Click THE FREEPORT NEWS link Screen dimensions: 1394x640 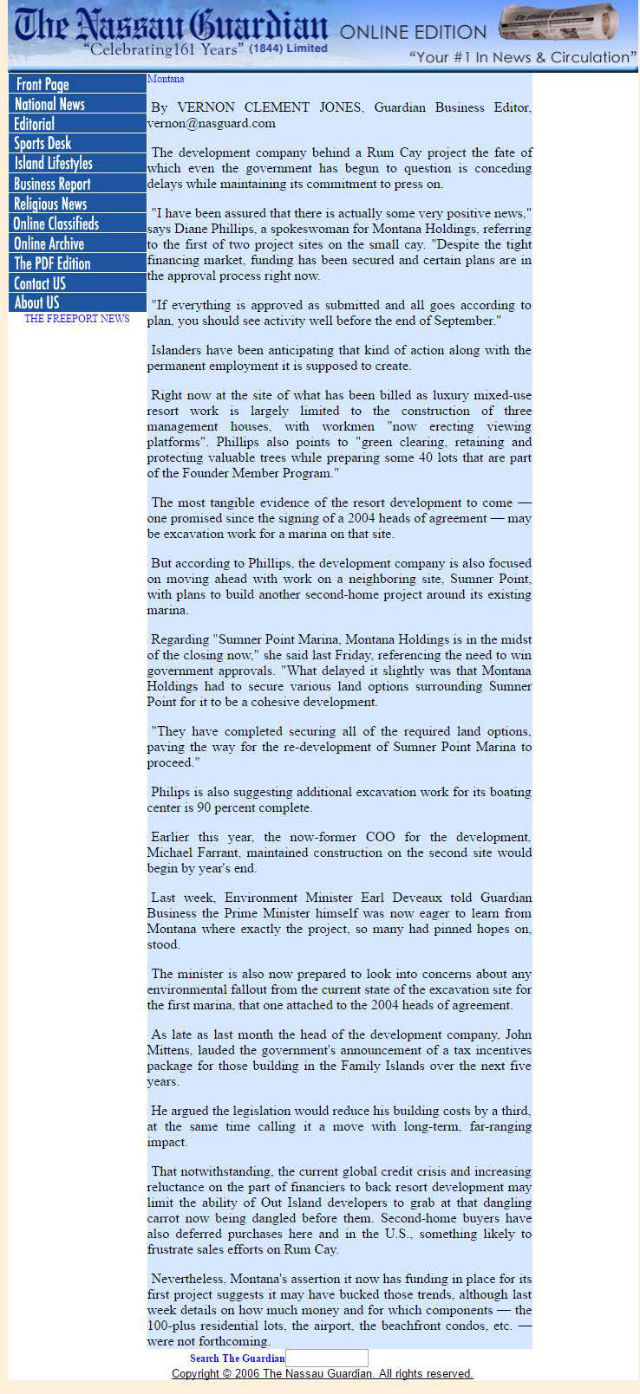click(x=77, y=319)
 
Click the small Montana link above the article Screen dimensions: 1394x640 click(x=166, y=79)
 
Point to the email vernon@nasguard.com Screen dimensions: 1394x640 click(x=212, y=123)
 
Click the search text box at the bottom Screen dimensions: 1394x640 click(x=327, y=1358)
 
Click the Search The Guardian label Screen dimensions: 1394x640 click(x=237, y=1358)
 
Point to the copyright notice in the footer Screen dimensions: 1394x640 click(x=323, y=1374)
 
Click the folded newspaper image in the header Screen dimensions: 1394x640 click(x=558, y=23)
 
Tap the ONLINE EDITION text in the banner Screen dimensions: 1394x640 click(x=413, y=33)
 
